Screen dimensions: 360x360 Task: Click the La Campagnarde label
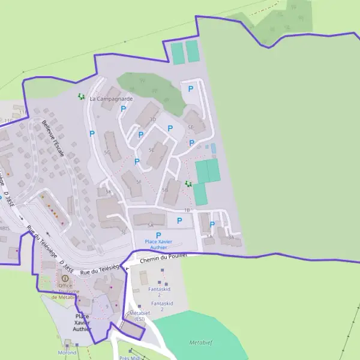(x=111, y=98)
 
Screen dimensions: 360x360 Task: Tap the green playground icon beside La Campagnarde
(x=81, y=96)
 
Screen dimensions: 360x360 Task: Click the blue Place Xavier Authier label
(x=158, y=244)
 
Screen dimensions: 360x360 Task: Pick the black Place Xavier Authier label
(x=82, y=322)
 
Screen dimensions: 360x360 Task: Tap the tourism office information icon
(x=65, y=278)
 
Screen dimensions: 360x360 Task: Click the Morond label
(x=67, y=353)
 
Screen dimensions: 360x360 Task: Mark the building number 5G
(x=107, y=152)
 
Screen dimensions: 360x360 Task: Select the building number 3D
(x=152, y=119)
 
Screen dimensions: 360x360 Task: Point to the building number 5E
(x=191, y=127)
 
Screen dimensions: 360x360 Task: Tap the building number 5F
(x=139, y=181)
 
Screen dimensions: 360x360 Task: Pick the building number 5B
(x=165, y=189)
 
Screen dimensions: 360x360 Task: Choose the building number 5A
(x=150, y=224)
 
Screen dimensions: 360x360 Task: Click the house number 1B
(x=187, y=210)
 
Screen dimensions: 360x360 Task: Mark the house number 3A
(x=231, y=238)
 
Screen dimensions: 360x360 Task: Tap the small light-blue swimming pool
(x=213, y=147)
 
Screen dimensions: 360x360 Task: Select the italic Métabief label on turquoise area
(x=201, y=343)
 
